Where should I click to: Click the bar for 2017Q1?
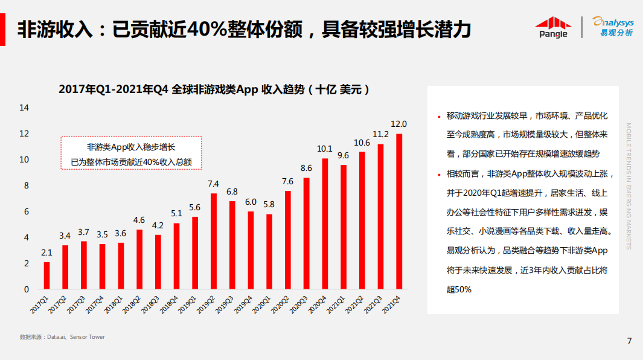click(x=46, y=275)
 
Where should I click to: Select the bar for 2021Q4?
click(x=398, y=211)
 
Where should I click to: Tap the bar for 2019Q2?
click(x=213, y=241)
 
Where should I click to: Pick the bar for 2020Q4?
click(x=324, y=223)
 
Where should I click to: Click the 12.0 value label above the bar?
click(x=398, y=124)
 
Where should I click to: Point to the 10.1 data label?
click(x=324, y=149)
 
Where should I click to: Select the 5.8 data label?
click(x=269, y=204)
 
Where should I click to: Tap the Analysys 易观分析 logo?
click(x=612, y=27)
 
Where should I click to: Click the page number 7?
click(x=629, y=341)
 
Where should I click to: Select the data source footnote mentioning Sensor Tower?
click(x=62, y=337)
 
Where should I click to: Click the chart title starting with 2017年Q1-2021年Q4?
click(x=214, y=89)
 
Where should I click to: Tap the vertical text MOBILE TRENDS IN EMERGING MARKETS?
click(x=629, y=186)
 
